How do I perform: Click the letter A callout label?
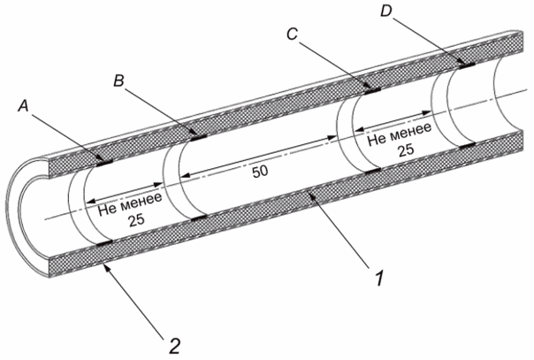[24, 107]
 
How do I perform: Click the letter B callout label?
[118, 81]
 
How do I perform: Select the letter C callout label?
[292, 34]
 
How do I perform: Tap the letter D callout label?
[386, 11]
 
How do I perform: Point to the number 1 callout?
[379, 278]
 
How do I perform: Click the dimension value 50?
[260, 172]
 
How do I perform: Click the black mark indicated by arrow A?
[104, 163]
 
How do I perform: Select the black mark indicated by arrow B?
[199, 138]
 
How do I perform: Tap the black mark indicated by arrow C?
[372, 90]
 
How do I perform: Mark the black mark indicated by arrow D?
[467, 65]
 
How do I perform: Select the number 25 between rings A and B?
[136, 220]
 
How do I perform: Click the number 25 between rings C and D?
[407, 149]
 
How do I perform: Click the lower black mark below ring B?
[199, 218]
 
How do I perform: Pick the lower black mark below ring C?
[373, 171]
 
